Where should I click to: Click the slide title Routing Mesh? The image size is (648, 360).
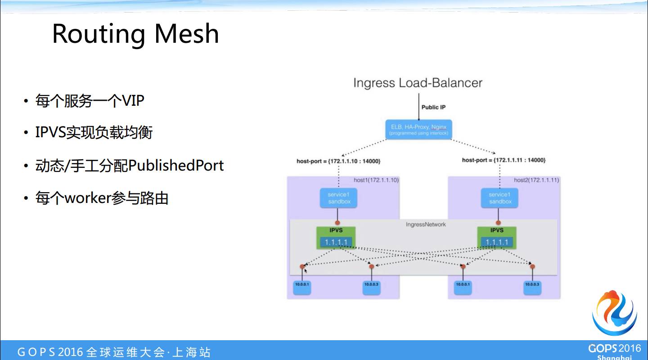click(135, 34)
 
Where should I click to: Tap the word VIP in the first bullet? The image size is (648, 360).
click(133, 100)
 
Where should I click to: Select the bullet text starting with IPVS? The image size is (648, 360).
click(94, 132)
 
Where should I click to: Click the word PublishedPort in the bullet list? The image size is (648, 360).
click(176, 166)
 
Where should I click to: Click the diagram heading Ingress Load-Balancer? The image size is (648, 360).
click(418, 83)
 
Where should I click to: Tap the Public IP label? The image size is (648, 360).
click(433, 107)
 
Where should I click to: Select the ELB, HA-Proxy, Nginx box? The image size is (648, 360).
click(418, 130)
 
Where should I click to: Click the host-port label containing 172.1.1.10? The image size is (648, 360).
click(338, 160)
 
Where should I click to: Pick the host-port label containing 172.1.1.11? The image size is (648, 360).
click(504, 160)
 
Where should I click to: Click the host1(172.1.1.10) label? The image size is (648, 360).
click(376, 180)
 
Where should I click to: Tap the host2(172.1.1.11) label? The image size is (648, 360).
click(536, 180)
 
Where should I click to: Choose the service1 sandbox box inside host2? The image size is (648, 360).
click(499, 198)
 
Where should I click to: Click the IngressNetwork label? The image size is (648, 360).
click(426, 224)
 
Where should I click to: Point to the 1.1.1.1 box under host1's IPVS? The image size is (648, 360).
click(336, 242)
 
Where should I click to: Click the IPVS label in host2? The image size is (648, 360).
click(497, 230)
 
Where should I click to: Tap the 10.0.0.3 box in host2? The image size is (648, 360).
click(532, 287)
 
